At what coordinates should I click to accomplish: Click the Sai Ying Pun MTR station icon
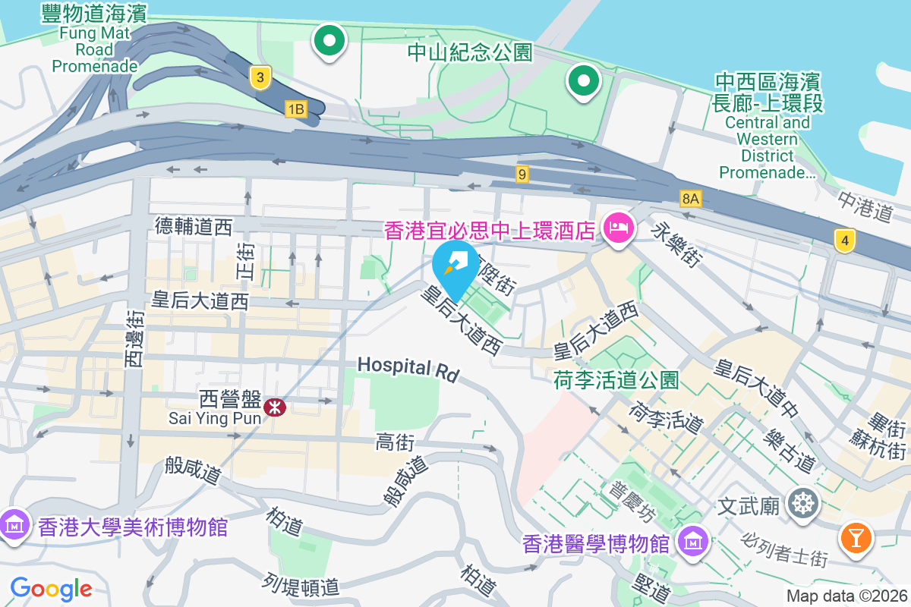[x=275, y=407]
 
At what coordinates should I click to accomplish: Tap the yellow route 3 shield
[x=260, y=77]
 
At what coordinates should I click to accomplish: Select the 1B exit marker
[x=295, y=109]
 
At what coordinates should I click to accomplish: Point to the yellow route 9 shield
[x=521, y=175]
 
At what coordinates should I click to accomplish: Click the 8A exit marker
[x=691, y=199]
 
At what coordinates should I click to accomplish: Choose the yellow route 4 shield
[x=844, y=241]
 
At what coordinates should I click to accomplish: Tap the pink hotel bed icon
[x=619, y=227]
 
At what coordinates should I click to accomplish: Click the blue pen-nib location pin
[x=455, y=266]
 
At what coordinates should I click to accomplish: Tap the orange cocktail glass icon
[x=856, y=538]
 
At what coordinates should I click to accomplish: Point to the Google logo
[x=51, y=588]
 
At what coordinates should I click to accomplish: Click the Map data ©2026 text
[x=846, y=596]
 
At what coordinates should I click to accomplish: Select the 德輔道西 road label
[x=194, y=225]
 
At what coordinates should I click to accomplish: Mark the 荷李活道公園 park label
[x=616, y=380]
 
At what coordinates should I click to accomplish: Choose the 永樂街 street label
[x=674, y=244]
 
